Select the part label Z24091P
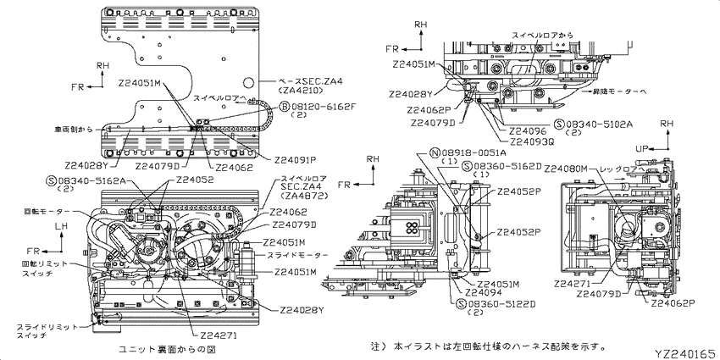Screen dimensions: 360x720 point(296,158)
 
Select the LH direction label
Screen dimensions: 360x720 point(61,226)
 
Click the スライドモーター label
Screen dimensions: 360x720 point(296,255)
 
